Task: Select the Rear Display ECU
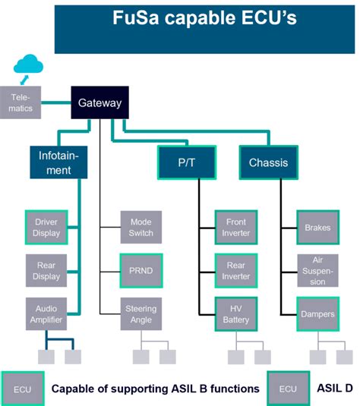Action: pyautogui.click(x=46, y=270)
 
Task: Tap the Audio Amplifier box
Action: pyautogui.click(x=46, y=313)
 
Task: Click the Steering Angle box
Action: pyautogui.click(x=141, y=313)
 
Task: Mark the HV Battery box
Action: pyautogui.click(x=235, y=313)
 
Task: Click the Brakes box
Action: pyautogui.click(x=317, y=228)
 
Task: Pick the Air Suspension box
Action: pyautogui.click(x=317, y=270)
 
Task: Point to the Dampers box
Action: pyautogui.click(x=317, y=313)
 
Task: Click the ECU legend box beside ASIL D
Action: pyautogui.click(x=288, y=388)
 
